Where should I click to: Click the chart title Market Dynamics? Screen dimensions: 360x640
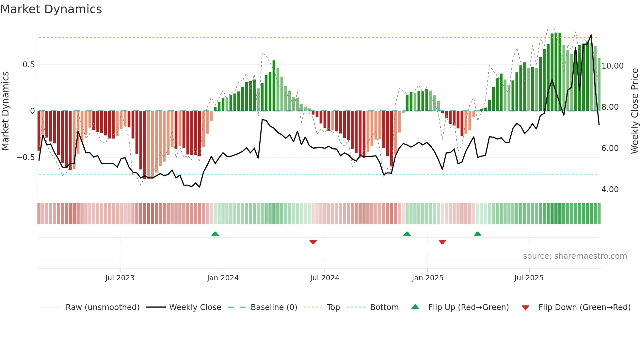pos(51,9)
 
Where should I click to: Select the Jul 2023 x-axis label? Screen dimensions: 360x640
pos(120,278)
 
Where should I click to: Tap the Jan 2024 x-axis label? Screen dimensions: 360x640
pos(223,278)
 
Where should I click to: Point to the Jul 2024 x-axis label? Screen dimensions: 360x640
pos(325,278)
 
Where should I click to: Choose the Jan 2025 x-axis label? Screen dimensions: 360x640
pos(427,278)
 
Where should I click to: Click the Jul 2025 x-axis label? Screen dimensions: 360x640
pos(529,278)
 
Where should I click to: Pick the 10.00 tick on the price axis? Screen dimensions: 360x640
pos(612,66)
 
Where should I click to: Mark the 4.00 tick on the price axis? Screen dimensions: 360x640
pos(610,189)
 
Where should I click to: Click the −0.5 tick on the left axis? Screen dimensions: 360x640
pos(25,157)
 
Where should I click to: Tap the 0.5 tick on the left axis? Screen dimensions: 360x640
pos(28,65)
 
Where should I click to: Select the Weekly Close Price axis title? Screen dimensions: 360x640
pos(634,111)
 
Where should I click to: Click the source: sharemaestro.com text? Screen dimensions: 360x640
pos(575,256)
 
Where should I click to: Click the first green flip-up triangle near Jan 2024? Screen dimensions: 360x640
pos(215,234)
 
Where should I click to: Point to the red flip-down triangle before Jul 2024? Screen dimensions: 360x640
pos(313,242)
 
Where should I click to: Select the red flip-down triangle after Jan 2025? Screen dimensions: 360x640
pos(442,242)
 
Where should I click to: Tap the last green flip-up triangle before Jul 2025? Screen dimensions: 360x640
pos(477,234)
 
